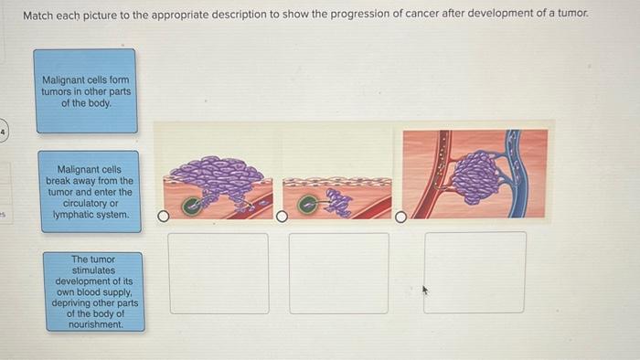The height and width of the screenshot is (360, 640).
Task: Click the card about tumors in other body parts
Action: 86,91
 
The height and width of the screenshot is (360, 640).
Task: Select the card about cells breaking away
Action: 90,193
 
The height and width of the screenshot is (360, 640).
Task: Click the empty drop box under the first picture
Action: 219,273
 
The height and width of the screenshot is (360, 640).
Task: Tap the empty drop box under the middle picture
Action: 339,273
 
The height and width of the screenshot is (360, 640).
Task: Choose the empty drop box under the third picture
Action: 475,273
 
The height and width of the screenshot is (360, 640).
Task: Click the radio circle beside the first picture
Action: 164,217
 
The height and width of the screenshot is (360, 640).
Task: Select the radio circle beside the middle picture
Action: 283,217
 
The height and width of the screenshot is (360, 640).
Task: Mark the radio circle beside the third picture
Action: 400,217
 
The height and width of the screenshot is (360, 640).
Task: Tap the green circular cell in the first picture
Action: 193,206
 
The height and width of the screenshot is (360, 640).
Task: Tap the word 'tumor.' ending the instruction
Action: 572,16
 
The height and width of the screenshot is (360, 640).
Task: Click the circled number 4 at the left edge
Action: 4,132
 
